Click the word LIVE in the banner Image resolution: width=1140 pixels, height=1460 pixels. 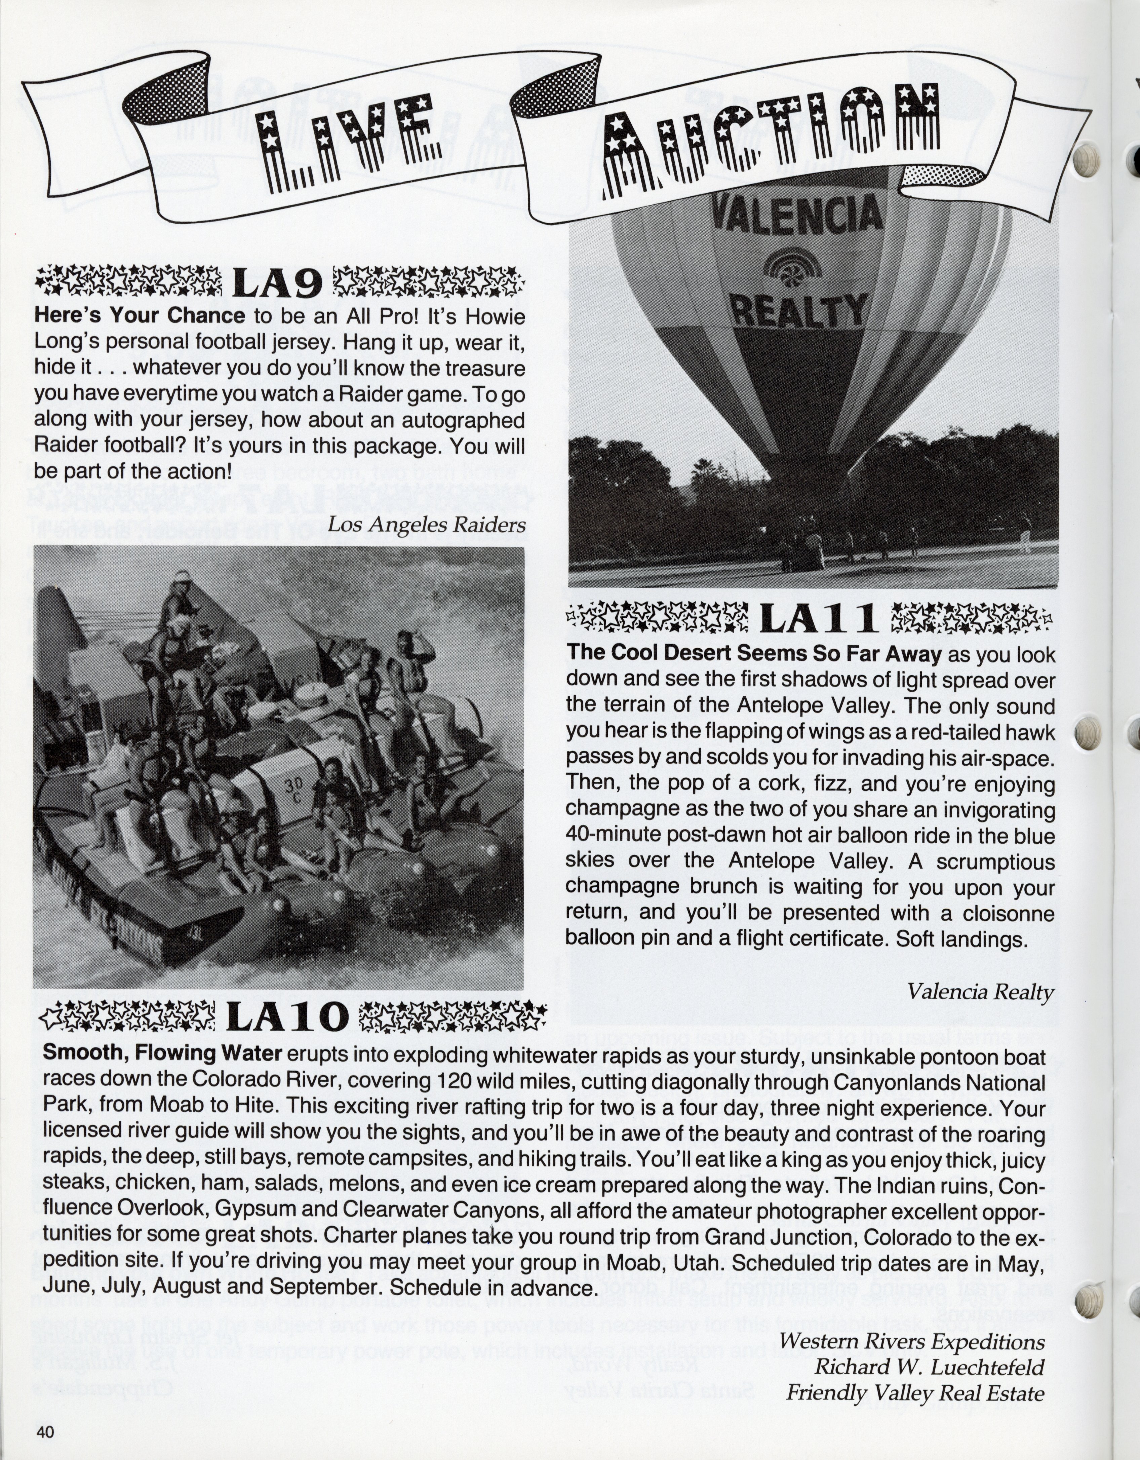tap(348, 144)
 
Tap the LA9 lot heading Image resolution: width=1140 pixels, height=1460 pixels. tap(277, 284)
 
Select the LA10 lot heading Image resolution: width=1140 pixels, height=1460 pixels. tap(287, 1018)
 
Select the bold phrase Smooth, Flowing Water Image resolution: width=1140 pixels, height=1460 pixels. tap(162, 1053)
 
